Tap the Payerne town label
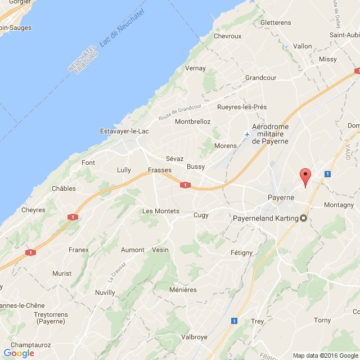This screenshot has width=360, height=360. click(x=280, y=198)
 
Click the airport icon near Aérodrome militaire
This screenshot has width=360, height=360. click(x=246, y=134)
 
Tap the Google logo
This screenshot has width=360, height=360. click(x=19, y=353)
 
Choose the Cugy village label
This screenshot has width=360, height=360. click(x=201, y=215)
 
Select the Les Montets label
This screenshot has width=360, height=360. click(x=161, y=211)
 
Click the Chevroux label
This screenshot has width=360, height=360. click(x=227, y=36)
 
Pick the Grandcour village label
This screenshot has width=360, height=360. click(x=262, y=78)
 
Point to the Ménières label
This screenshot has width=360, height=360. click(x=183, y=290)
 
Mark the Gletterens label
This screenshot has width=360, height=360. click(x=276, y=23)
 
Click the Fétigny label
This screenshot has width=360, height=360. click(x=241, y=253)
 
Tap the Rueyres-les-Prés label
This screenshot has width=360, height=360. click(x=242, y=107)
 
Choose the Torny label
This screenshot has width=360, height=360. click(x=322, y=320)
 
